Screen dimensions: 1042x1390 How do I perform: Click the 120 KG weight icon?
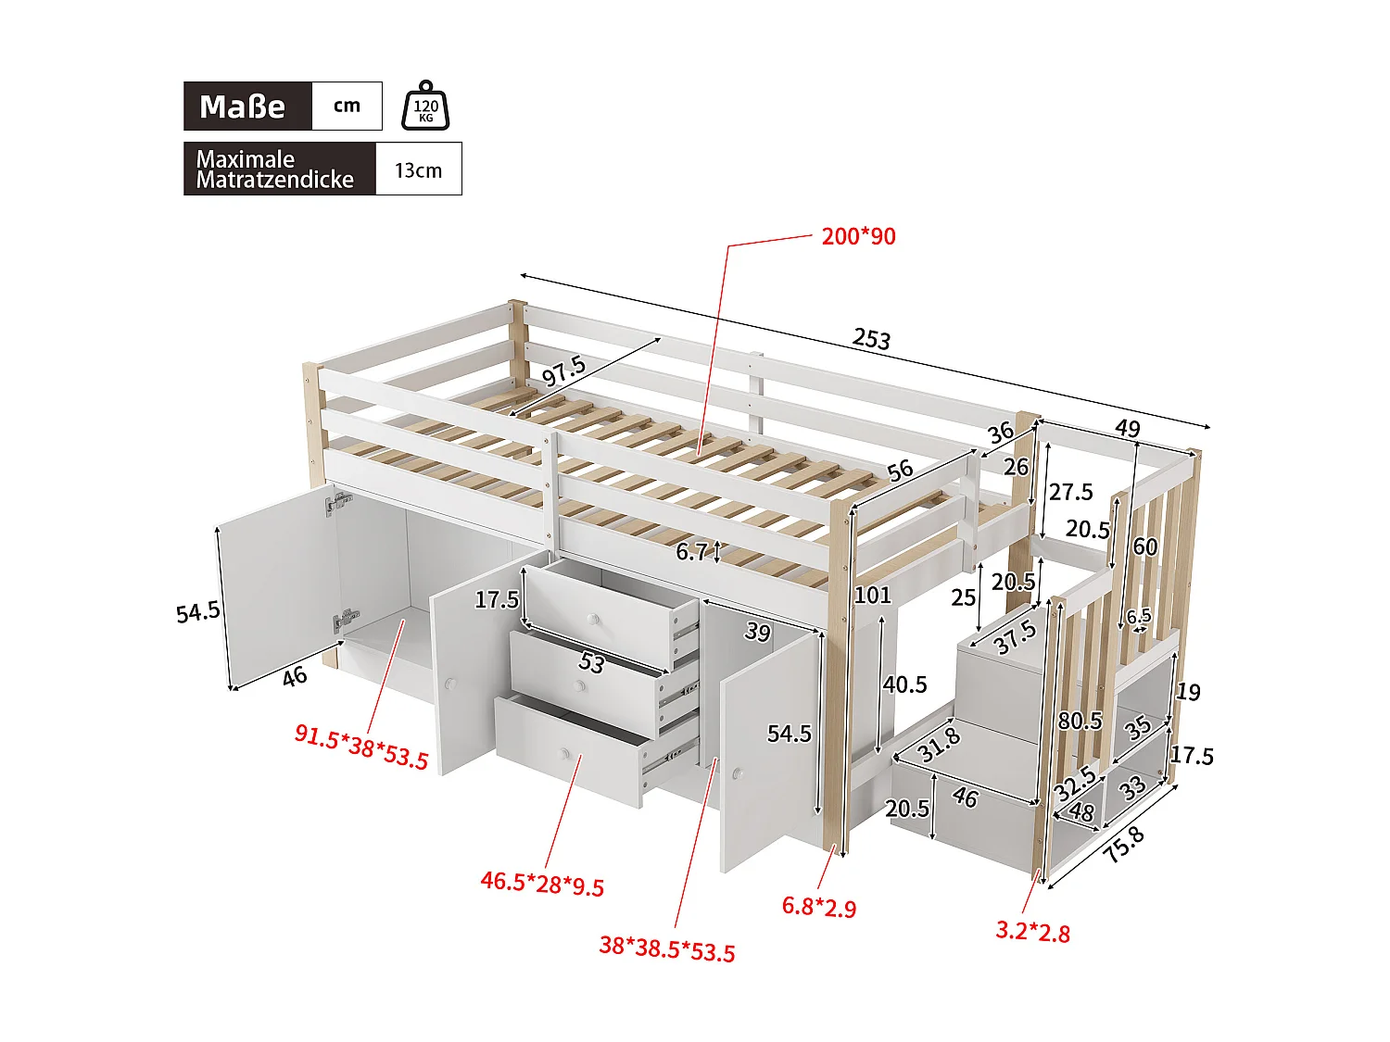tap(425, 107)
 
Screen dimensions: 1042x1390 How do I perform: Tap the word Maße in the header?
tap(243, 107)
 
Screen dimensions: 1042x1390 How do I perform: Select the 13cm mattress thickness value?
tap(418, 170)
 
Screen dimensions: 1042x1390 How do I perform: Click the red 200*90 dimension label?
tap(858, 236)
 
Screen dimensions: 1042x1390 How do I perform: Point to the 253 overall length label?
tap(871, 338)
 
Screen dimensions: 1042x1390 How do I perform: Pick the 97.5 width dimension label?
tap(563, 370)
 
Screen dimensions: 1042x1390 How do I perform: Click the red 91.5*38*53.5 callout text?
tap(361, 747)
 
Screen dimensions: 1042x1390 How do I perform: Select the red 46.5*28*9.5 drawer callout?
tap(542, 883)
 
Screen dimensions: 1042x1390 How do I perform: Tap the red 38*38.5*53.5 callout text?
tap(666, 948)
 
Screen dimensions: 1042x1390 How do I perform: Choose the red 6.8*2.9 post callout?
tap(819, 906)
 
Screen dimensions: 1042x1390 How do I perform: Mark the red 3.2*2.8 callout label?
tap(1032, 931)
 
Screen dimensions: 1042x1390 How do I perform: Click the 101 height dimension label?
tap(872, 595)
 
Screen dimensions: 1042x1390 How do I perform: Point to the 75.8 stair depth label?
tap(1124, 844)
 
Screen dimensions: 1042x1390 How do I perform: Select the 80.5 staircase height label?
tap(1080, 721)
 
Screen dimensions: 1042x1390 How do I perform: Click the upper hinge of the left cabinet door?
tap(338, 504)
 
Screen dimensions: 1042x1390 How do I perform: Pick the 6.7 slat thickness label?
tap(692, 552)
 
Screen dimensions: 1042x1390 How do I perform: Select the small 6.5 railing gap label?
tap(1138, 616)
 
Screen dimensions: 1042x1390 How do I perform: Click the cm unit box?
tap(347, 106)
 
